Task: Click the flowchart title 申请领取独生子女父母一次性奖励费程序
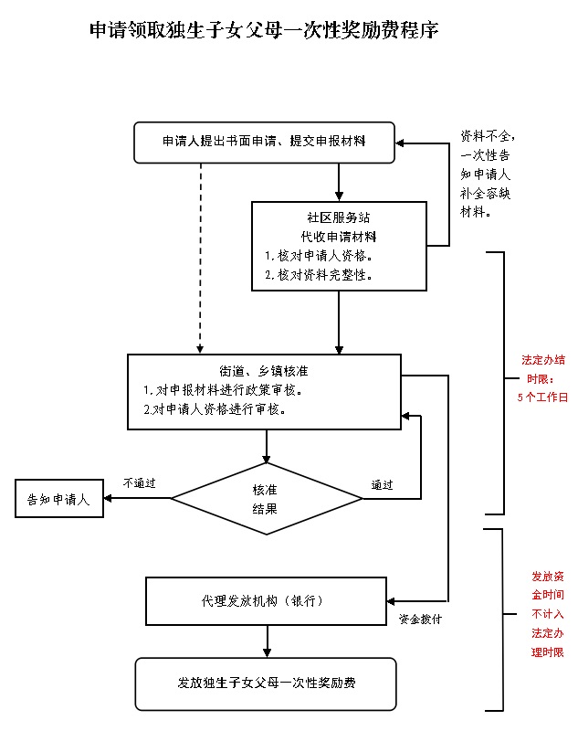[265, 31]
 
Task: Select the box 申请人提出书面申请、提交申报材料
[264, 141]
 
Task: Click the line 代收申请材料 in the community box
[338, 236]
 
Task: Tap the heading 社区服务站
[338, 218]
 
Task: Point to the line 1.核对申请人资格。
[319, 255]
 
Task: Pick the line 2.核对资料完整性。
[319, 274]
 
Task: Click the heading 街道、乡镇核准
[264, 372]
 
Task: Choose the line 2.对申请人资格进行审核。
[216, 409]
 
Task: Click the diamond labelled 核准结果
[266, 499]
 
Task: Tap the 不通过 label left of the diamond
[140, 482]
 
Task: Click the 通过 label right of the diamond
[382, 485]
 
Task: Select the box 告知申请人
[58, 499]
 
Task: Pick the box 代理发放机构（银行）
[267, 601]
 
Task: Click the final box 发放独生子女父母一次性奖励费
[266, 683]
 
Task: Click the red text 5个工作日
[542, 397]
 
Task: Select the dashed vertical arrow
[200, 256]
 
